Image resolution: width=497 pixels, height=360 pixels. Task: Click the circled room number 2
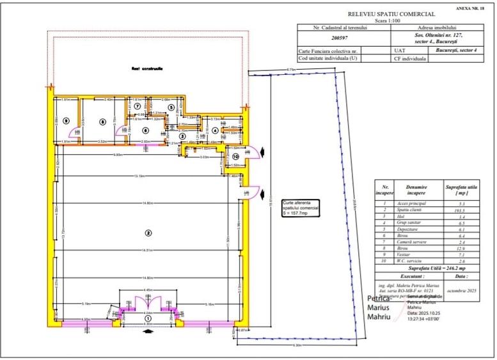point(148,233)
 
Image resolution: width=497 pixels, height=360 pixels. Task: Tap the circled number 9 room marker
point(66,121)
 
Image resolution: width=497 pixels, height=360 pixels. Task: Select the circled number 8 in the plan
point(101,121)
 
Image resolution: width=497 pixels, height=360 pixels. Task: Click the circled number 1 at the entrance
point(147,318)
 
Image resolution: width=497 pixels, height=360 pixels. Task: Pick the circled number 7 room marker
point(137,106)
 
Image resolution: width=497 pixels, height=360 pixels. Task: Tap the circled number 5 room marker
point(171,107)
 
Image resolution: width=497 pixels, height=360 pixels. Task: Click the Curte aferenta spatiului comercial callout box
point(300,208)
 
